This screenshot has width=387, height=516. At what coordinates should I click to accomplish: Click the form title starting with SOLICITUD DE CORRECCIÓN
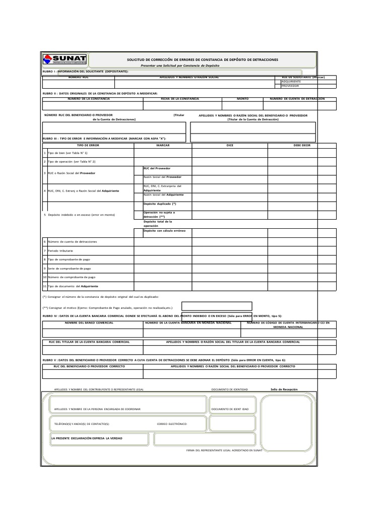pos(202,59)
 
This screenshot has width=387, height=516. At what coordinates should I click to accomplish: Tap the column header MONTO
pos(242,99)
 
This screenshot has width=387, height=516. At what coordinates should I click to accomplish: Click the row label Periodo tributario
pos(60,250)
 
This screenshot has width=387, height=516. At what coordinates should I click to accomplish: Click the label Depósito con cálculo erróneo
pos(164,230)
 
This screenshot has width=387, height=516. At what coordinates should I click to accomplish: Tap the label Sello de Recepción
pos(284,390)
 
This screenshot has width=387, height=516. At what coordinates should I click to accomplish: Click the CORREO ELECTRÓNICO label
pos(172,424)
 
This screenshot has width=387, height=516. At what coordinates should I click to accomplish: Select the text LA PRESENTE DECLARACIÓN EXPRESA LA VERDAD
pos(87,438)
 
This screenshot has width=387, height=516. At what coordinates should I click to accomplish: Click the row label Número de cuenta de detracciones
pos(72,242)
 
